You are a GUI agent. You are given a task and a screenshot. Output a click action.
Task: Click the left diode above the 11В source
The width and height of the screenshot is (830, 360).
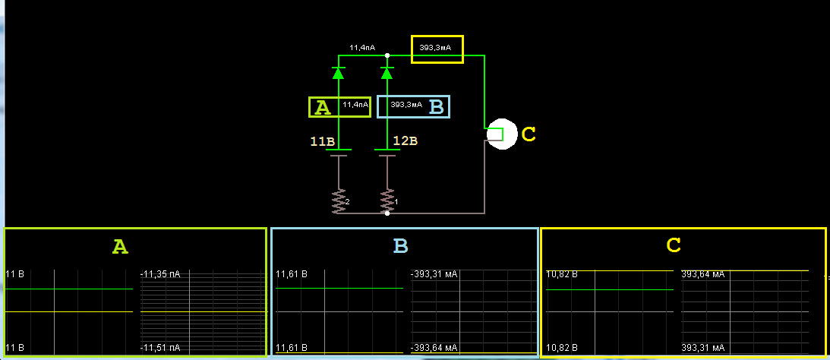pyautogui.click(x=339, y=73)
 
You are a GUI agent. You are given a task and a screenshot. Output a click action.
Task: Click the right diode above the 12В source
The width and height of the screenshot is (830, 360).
pyautogui.click(x=387, y=73)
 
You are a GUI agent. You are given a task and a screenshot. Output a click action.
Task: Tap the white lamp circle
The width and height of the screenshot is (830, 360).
pyautogui.click(x=501, y=135)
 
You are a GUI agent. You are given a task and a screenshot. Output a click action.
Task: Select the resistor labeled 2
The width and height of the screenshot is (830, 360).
pyautogui.click(x=339, y=201)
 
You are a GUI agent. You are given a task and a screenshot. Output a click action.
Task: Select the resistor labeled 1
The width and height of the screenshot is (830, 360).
pyautogui.click(x=387, y=201)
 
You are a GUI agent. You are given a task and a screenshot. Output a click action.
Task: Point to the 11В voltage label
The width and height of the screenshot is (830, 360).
pyautogui.click(x=322, y=141)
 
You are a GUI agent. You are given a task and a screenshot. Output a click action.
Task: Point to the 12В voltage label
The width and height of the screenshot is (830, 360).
pyautogui.click(x=405, y=141)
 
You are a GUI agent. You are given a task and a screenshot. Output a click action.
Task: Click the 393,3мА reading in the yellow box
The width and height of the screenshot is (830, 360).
pyautogui.click(x=435, y=48)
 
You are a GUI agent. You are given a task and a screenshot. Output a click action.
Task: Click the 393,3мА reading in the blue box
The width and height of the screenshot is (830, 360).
pyautogui.click(x=406, y=105)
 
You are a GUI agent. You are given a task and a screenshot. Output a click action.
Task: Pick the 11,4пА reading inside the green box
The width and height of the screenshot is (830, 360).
pyautogui.click(x=355, y=105)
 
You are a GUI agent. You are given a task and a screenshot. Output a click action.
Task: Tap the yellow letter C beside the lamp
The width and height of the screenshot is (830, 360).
pyautogui.click(x=529, y=135)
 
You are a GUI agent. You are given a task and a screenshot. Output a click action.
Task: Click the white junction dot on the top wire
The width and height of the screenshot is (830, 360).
pyautogui.click(x=387, y=55)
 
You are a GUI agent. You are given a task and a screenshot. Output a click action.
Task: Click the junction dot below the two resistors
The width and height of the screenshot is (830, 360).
pyautogui.click(x=387, y=213)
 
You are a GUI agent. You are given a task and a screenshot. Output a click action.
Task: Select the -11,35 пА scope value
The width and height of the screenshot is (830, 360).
pyautogui.click(x=160, y=273)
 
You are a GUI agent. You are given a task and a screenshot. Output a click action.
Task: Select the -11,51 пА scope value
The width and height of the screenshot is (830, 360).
pyautogui.click(x=160, y=348)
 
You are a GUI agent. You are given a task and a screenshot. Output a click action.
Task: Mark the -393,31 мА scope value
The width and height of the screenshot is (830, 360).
pyautogui.click(x=434, y=273)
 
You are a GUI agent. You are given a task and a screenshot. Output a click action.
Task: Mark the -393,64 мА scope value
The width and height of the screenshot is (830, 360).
pyautogui.click(x=434, y=348)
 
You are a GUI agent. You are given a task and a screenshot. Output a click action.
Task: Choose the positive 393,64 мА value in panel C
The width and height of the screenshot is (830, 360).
pyautogui.click(x=702, y=273)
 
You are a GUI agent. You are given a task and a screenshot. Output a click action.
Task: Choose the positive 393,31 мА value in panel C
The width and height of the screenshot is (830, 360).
pyautogui.click(x=702, y=348)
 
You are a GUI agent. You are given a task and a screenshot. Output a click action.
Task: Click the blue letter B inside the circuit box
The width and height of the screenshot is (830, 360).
pyautogui.click(x=436, y=107)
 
